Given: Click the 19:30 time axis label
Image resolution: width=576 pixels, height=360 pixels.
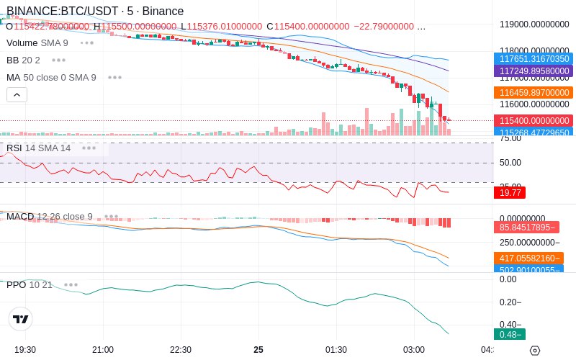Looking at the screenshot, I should tap(25, 349).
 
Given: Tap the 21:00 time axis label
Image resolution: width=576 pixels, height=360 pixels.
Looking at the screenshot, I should tap(103, 349).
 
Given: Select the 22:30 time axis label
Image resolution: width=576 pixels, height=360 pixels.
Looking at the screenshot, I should tap(181, 349).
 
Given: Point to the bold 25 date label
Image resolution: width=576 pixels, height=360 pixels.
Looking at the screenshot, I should tap(258, 349).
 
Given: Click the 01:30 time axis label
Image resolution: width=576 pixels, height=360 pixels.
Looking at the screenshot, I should tap(336, 349).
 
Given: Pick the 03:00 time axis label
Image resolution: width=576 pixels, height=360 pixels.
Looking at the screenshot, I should tap(414, 349).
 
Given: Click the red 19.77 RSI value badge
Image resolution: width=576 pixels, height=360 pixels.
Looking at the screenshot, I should tap(510, 192).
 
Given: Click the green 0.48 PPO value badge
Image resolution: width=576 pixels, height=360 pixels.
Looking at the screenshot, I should tap(509, 334).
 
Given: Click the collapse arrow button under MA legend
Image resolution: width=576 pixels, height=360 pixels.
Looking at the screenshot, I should tap(17, 94).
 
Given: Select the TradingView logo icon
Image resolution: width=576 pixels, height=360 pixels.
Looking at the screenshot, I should tap(21, 319).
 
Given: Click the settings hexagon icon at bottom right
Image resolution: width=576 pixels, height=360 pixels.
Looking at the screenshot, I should tap(534, 351).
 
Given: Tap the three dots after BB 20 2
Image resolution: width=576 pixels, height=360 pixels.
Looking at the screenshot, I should tap(58, 60).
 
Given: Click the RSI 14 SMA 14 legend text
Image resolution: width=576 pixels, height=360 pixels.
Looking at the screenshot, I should tap(39, 148).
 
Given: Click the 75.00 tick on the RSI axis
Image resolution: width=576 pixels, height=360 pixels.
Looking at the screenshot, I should tap(510, 139).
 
